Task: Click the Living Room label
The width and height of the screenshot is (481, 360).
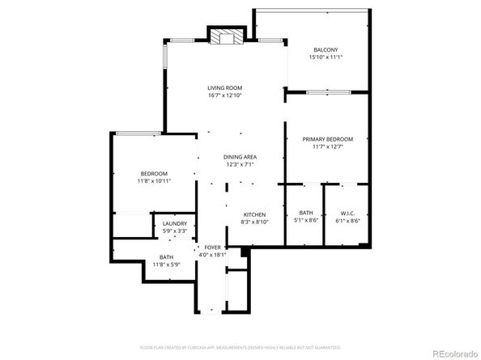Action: pos(224,87)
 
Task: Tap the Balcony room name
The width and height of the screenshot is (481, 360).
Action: pos(326,49)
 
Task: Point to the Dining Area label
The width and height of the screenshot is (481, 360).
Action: pos(240,157)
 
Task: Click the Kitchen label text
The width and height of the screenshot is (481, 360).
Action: pos(254,214)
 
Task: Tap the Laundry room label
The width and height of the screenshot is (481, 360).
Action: pos(175,224)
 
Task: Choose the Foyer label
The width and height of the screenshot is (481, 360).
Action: pos(213,247)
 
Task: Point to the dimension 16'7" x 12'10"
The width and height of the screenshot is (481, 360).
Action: pos(224,95)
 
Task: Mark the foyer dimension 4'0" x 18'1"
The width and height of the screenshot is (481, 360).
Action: pos(213,255)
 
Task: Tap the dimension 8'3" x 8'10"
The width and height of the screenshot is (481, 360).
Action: pos(254,222)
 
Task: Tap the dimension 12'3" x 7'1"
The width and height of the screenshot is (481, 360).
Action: pos(240,165)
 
